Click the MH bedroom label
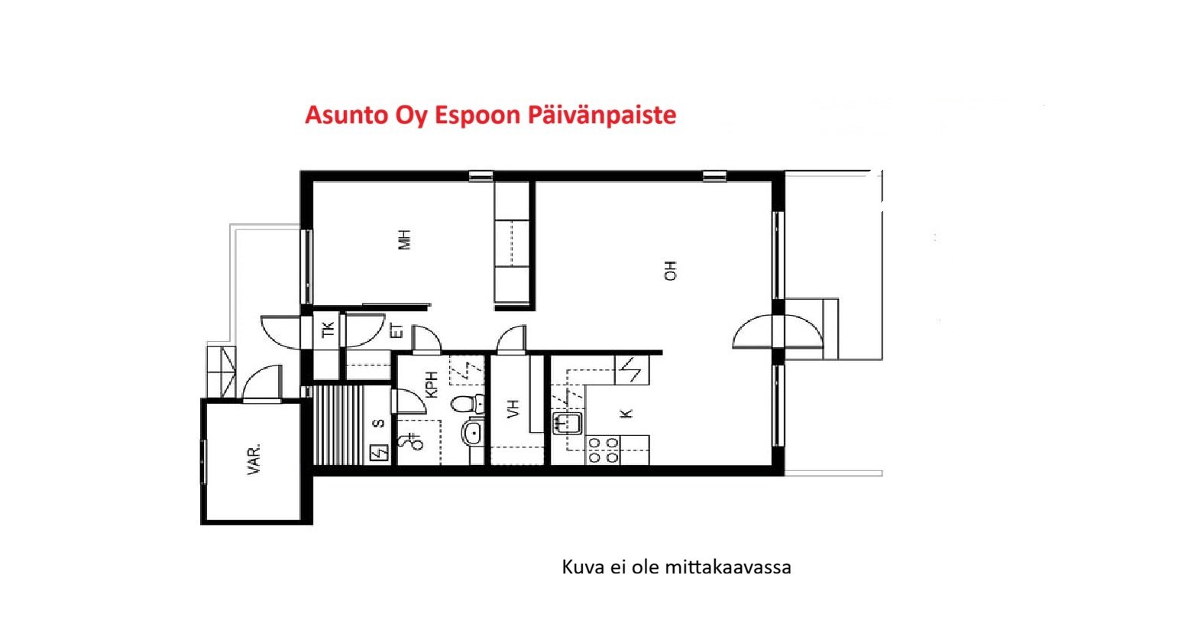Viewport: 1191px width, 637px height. coord(405,239)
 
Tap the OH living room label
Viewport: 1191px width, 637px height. coord(671,271)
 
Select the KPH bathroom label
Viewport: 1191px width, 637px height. coord(432,384)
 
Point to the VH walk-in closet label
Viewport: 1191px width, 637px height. coord(513,408)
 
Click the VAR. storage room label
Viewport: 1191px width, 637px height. coord(254,458)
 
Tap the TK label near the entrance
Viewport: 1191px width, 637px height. coord(328,330)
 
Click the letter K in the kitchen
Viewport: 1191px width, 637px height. coord(627,413)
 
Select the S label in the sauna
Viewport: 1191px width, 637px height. coord(379,424)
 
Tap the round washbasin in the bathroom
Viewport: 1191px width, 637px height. coord(472,434)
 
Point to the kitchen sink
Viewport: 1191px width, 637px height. coord(568,423)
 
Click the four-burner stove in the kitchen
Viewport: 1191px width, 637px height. coord(603,450)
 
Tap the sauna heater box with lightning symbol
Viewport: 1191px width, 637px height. coord(379,453)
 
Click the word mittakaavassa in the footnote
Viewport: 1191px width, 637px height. coord(728,567)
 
